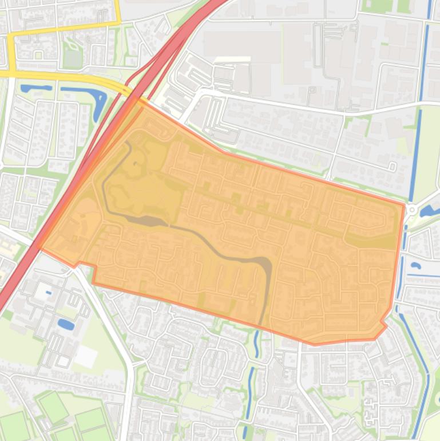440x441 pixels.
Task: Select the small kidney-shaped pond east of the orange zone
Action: click(415, 265)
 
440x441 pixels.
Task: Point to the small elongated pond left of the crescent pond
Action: click(35, 88)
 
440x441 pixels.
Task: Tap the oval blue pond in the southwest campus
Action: click(66, 324)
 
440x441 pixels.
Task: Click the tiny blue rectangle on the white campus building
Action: click(48, 293)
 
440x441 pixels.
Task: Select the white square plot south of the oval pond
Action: click(85, 356)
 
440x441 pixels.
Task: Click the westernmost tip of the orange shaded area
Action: click(38, 246)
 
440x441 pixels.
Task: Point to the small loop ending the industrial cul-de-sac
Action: click(393, 167)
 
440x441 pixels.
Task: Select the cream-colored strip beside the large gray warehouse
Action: click(233, 59)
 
